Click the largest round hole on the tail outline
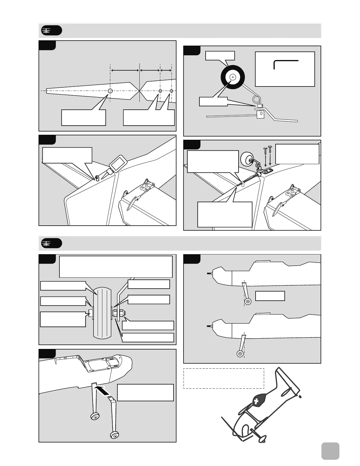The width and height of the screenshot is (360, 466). click(110, 91)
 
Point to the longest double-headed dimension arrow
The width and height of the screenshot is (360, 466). click(125, 70)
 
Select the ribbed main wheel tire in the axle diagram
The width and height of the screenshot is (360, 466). click(102, 313)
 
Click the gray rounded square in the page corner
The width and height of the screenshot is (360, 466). click(330, 451)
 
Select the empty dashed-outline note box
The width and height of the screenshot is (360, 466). click(224, 378)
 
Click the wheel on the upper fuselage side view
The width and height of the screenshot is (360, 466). click(248, 302)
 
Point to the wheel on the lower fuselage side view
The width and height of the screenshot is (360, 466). click(240, 354)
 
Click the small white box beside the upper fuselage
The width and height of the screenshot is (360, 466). click(270, 296)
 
